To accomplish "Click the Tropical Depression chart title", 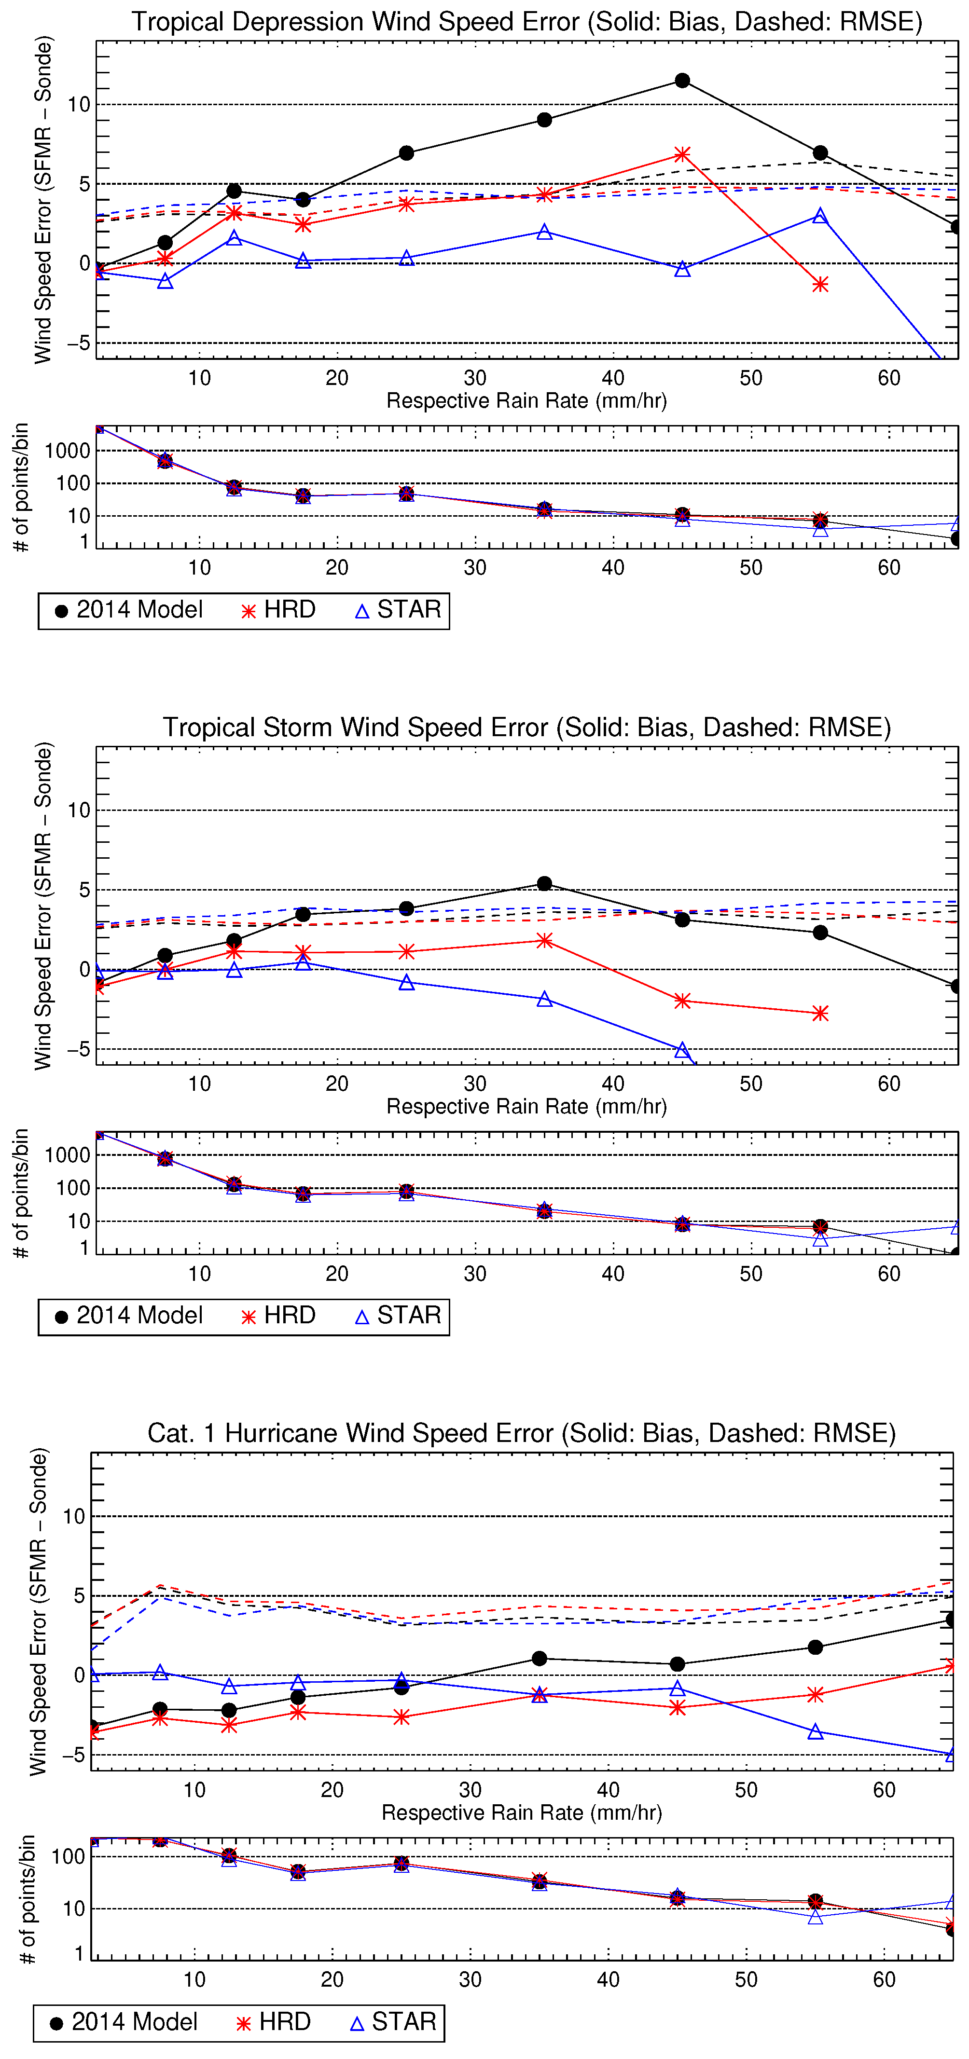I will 526,22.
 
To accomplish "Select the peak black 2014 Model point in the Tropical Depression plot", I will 682,81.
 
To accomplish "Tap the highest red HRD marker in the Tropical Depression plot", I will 682,154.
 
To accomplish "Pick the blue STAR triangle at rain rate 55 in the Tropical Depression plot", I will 820,216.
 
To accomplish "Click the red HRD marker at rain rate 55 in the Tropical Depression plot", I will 820,285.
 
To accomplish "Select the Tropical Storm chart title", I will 526,728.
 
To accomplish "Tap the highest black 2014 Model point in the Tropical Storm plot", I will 544,883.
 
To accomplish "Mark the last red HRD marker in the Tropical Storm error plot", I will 820,1014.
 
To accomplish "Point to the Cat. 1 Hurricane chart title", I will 521,1433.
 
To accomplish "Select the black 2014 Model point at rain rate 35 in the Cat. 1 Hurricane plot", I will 540,1659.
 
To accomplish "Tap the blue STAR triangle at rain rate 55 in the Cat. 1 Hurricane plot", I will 816,1732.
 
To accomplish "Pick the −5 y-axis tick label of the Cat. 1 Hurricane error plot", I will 73,1755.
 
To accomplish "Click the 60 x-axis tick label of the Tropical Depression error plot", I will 889,378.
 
